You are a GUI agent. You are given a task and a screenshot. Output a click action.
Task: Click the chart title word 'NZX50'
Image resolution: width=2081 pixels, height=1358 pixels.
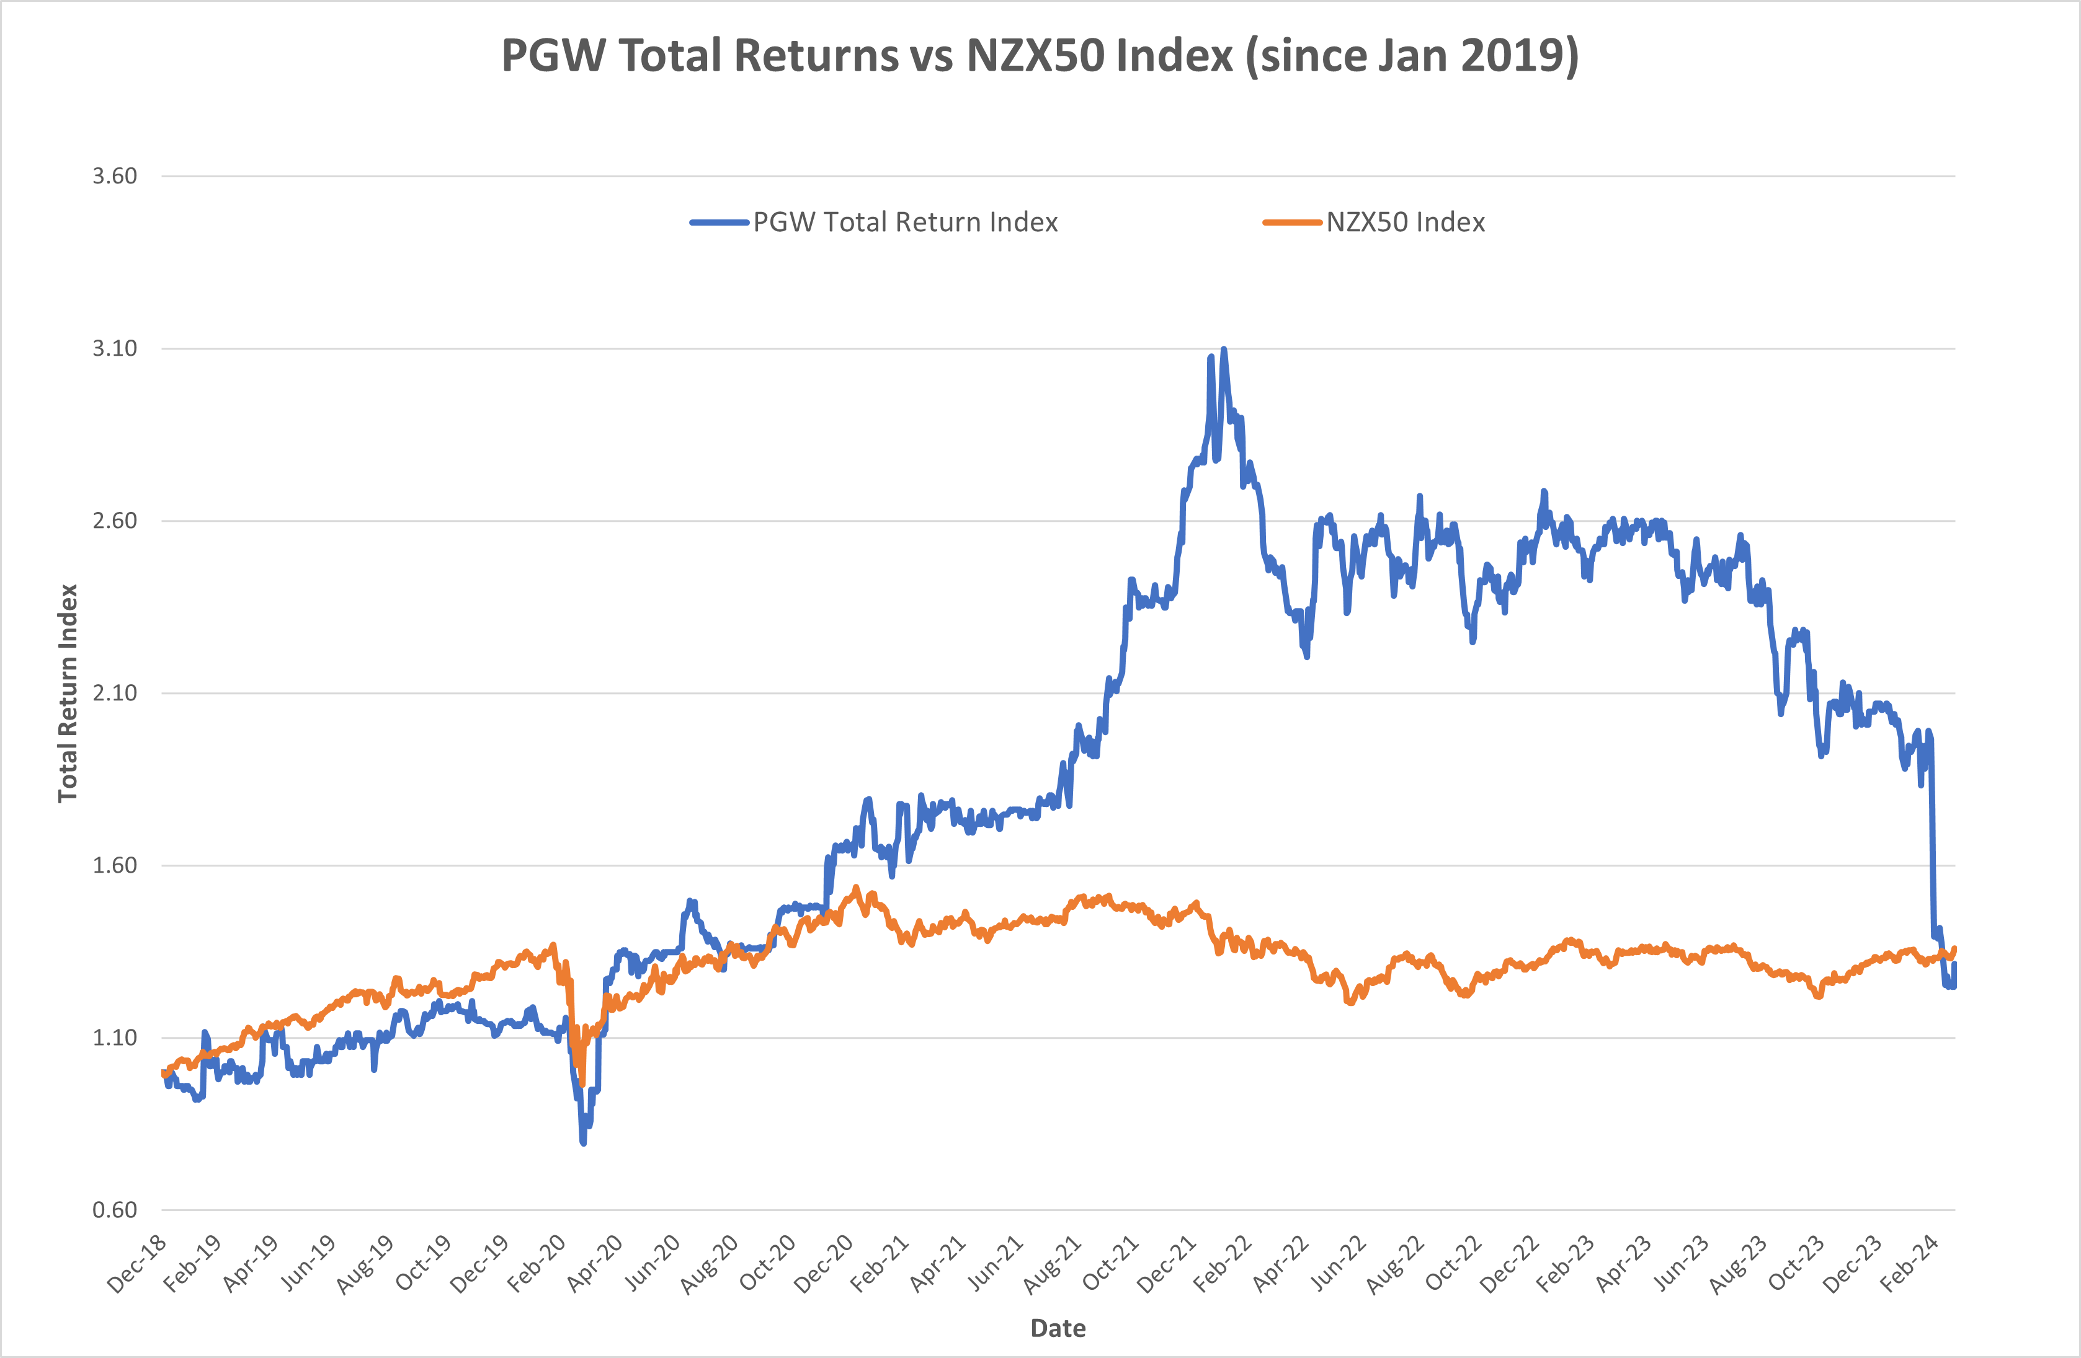click(1099, 56)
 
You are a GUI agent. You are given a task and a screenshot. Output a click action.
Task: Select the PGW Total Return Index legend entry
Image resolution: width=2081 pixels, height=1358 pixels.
click(904, 223)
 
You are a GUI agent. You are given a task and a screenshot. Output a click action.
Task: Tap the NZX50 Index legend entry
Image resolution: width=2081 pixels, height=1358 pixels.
click(1404, 223)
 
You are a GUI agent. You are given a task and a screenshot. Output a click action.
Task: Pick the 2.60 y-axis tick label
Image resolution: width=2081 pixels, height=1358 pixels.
click(115, 521)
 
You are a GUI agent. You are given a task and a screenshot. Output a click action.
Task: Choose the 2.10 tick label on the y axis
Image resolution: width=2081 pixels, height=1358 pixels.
click(115, 693)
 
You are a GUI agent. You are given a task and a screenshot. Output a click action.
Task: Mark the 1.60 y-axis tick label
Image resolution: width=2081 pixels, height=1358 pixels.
click(115, 865)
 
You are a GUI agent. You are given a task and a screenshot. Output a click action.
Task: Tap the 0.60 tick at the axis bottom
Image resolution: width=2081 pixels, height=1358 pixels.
click(115, 1210)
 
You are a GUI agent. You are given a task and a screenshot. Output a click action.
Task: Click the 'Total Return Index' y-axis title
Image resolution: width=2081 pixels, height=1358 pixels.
click(68, 693)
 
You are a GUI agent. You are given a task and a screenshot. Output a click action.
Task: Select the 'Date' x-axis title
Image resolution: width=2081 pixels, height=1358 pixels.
click(1058, 1328)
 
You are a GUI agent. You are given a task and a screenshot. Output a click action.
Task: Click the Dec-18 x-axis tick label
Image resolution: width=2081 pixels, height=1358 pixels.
click(137, 1264)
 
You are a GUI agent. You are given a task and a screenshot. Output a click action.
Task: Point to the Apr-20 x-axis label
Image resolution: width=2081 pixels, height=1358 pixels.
click(595, 1264)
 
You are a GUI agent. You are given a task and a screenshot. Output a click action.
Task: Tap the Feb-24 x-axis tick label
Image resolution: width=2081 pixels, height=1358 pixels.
click(1910, 1264)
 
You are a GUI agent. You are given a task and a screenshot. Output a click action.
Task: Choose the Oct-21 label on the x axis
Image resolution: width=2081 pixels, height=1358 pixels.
click(1110, 1264)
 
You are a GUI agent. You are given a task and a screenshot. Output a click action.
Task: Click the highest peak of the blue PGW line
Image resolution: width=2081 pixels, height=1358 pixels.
click(1223, 350)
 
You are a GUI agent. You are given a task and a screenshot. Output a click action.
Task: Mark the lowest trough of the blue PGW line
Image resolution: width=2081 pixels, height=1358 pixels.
click(583, 1141)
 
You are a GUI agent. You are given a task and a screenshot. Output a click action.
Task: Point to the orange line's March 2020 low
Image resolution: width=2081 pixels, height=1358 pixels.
click(581, 1083)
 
